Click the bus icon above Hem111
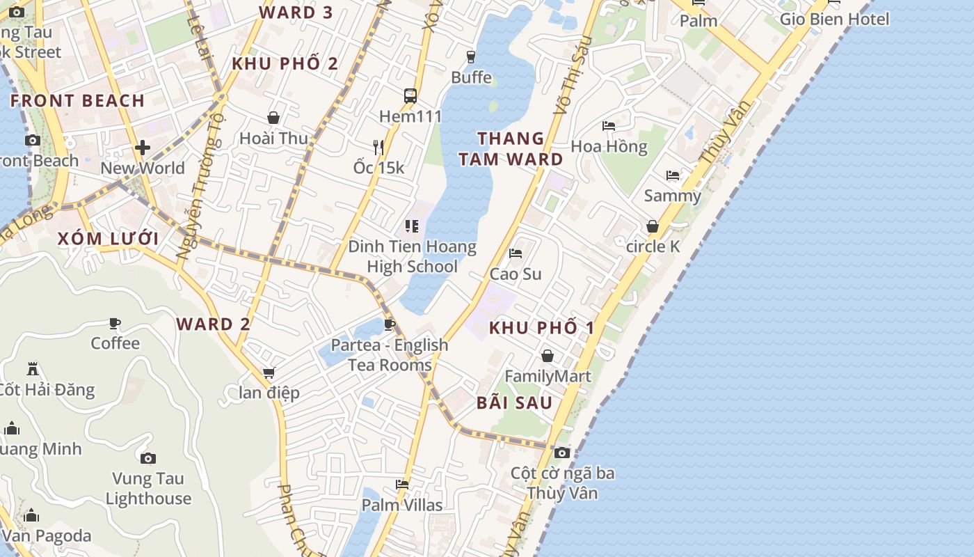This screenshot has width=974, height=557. [x=410, y=96]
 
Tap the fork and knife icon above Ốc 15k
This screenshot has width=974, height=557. [x=378, y=147]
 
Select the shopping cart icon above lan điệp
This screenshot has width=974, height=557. [x=269, y=372]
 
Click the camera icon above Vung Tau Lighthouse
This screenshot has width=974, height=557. [x=147, y=458]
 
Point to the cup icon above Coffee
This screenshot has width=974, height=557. [x=115, y=323]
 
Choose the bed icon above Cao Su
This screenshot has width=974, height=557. [x=516, y=253]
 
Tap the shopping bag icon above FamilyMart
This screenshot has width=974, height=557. [x=548, y=356]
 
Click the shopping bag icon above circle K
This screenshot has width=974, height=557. [x=653, y=226]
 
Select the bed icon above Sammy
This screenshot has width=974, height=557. [x=672, y=175]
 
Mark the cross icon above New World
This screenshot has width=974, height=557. [x=143, y=148]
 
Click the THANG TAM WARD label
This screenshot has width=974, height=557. [x=511, y=149]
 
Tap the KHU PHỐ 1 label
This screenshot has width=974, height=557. [x=541, y=327]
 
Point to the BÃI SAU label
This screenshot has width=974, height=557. [x=515, y=402]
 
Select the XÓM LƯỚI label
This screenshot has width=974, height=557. [x=108, y=239]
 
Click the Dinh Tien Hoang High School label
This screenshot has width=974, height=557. [x=412, y=256]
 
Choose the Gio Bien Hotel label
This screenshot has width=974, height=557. [x=834, y=19]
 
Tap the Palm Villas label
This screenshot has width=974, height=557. [x=402, y=505]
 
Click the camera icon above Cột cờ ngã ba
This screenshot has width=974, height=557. [x=562, y=453]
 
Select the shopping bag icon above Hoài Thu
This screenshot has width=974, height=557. [x=273, y=118]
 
